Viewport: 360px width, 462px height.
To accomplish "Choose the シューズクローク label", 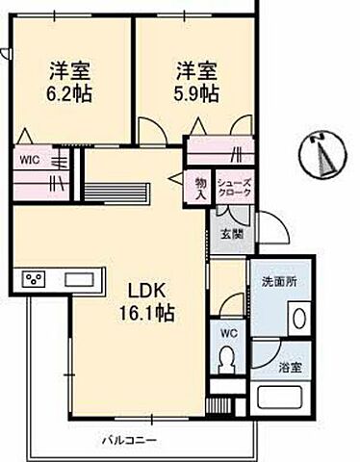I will pos(234,189).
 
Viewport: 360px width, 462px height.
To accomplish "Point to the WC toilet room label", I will pos(228,334).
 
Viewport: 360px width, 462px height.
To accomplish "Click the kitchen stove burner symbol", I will pos(36,279).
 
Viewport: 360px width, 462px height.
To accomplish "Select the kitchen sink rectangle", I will pos(77,279).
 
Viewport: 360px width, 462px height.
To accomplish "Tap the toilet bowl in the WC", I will pos(228,363).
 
